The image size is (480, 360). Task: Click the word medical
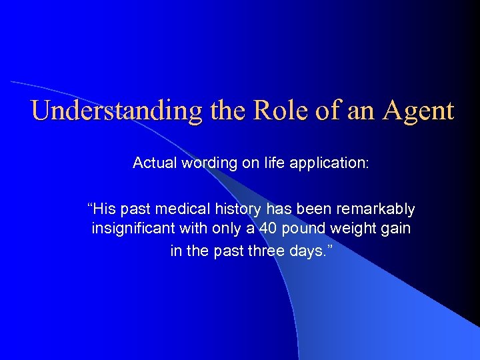tap(179, 210)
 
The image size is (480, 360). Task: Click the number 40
tap(268, 230)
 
